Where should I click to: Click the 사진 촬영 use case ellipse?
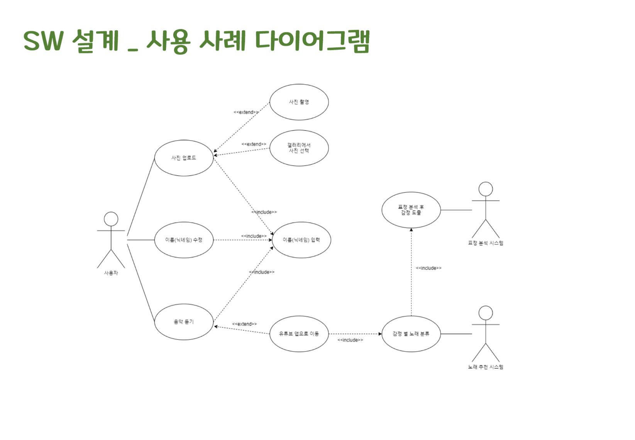click(299, 102)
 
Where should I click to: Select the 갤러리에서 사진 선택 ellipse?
click(299, 148)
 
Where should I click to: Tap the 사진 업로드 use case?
click(184, 158)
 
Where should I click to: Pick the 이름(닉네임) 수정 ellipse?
click(184, 240)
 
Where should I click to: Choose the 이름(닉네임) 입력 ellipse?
click(301, 240)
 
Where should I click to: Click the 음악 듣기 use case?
click(184, 322)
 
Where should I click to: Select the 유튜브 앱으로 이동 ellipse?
click(299, 334)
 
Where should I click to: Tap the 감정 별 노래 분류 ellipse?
click(411, 334)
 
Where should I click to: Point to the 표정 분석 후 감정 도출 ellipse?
click(411, 210)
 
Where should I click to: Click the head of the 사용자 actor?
click(111, 219)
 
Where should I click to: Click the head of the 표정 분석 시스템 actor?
click(486, 189)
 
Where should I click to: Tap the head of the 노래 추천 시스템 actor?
click(486, 313)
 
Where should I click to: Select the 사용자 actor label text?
click(111, 273)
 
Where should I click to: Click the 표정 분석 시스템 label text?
click(486, 243)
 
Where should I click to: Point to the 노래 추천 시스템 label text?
click(486, 367)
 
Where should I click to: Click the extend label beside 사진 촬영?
click(246, 112)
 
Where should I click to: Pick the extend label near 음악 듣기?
click(244, 324)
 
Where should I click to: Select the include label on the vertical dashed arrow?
click(428, 268)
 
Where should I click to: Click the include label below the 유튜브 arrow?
click(350, 340)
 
